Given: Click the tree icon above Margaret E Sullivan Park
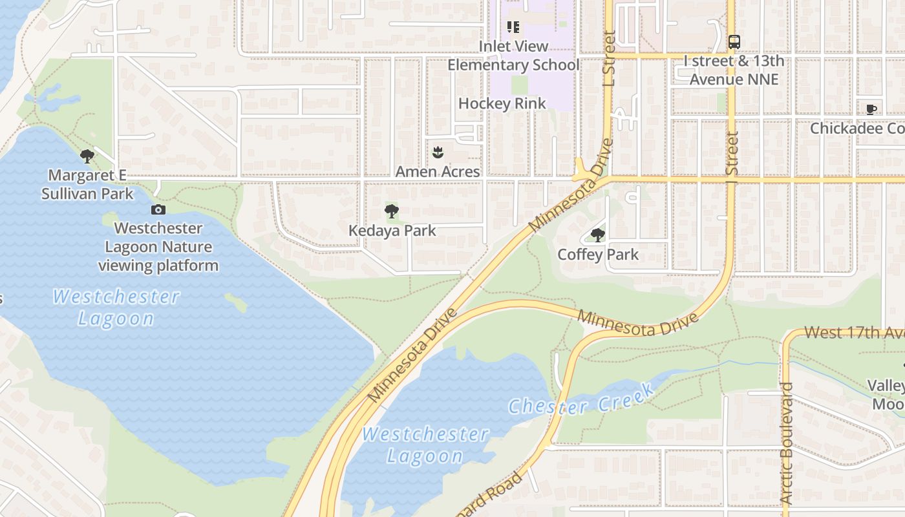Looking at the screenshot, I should [87, 156].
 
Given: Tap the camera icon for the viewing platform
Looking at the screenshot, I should [158, 209].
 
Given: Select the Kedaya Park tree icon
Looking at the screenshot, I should [392, 211].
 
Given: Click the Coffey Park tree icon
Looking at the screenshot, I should [598, 235].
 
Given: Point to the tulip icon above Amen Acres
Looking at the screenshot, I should [438, 153].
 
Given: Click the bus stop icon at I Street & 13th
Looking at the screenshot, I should [734, 42].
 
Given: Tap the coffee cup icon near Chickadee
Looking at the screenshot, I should [871, 109].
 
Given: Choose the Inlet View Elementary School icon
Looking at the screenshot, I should [513, 27].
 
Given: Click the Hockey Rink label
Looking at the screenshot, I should [502, 103].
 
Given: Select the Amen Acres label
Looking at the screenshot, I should [438, 172].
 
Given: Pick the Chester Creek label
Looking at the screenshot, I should [581, 398].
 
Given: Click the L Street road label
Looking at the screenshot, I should [608, 58].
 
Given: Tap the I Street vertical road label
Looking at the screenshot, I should [732, 154].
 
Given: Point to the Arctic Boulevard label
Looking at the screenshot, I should [787, 443].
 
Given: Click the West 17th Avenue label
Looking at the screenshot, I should [853, 333].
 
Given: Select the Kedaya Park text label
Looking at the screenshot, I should [392, 231].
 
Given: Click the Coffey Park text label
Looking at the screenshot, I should [598, 255].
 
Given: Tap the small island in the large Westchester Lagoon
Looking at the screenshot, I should [236, 301].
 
